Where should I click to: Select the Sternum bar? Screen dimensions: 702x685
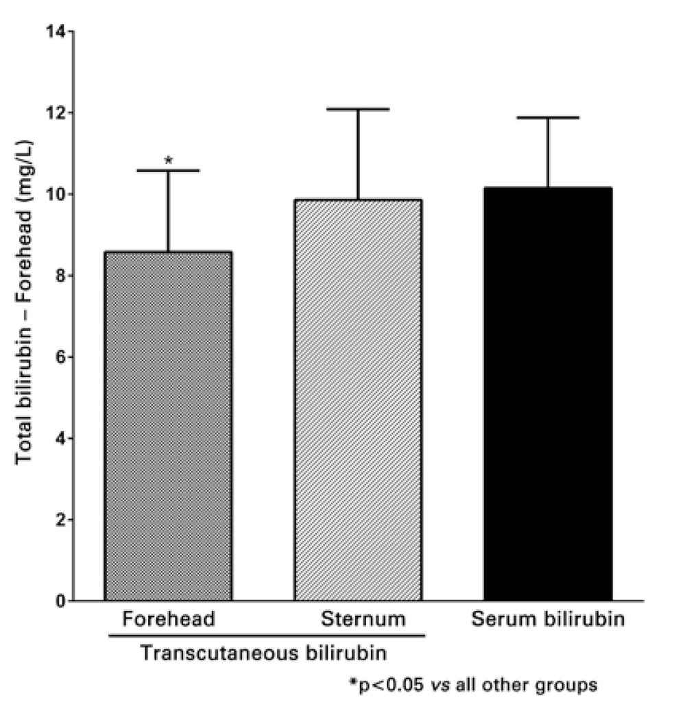click(357, 400)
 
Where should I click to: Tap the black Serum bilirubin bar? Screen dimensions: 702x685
click(547, 394)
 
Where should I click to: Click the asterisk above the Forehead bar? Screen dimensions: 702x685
click(168, 160)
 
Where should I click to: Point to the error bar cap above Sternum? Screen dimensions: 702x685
click(357, 109)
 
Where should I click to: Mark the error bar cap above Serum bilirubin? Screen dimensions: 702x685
click(547, 118)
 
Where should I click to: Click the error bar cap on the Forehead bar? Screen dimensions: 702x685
click(168, 170)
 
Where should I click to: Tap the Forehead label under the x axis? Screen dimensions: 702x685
click(169, 620)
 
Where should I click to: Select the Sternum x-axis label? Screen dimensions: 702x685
click(363, 620)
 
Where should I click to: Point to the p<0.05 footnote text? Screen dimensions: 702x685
click(473, 684)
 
